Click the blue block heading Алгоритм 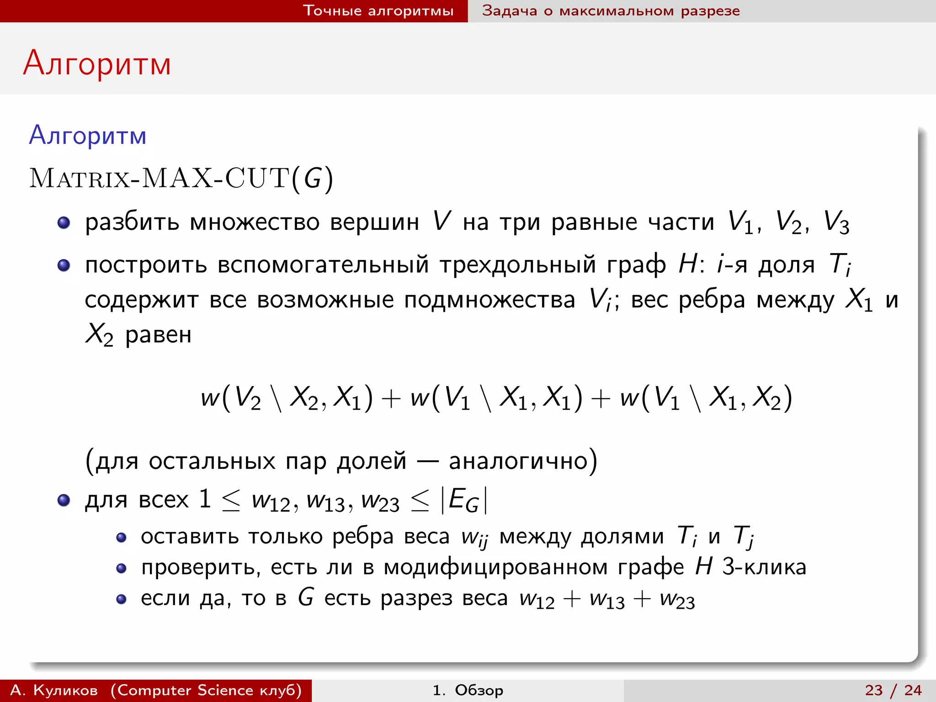pos(88,136)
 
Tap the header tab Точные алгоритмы pos(378,11)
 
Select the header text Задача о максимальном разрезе pos(611,11)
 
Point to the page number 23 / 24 pos(893,690)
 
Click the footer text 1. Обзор pos(468,690)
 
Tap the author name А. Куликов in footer pos(54,690)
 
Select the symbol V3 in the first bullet pos(836,223)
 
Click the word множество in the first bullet pos(254,223)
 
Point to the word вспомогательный pos(323,265)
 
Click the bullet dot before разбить pos(64,223)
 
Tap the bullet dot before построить pos(64,265)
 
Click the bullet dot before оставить pos(121,537)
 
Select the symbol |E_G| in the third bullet pos(464,500)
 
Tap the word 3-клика pos(764,567)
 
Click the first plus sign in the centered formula pos(391,398)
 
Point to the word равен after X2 pos(158,335)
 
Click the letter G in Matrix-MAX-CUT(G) pos(313,178)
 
